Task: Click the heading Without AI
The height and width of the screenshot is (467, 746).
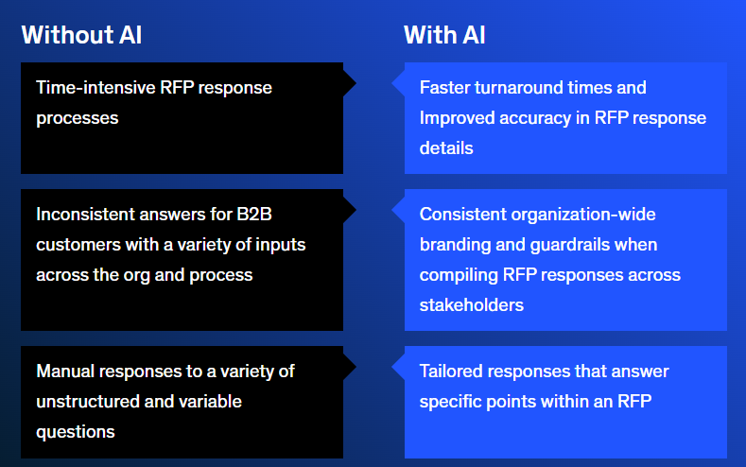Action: point(81,35)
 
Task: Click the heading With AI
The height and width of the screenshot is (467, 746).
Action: point(444,35)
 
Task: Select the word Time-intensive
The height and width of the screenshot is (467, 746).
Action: point(95,88)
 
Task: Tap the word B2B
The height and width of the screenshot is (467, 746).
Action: point(254,214)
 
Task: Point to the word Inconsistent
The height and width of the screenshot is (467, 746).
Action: point(85,214)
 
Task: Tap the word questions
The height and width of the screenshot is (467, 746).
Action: point(76,432)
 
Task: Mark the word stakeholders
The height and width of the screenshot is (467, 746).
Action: point(472,304)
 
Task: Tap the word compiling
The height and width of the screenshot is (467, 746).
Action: point(459,275)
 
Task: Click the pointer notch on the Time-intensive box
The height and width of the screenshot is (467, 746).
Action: point(350,84)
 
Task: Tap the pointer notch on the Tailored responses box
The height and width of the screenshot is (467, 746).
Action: point(398,367)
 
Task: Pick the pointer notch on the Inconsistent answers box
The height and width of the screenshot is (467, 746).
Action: point(350,210)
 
